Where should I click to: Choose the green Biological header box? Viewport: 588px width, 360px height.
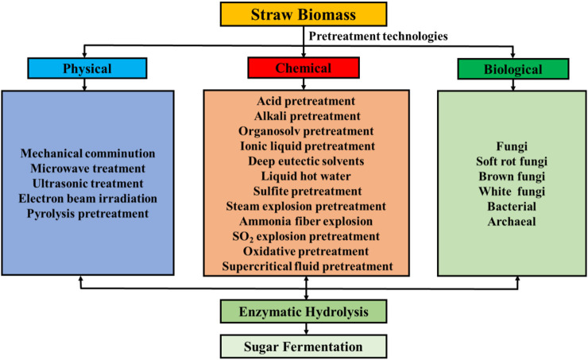coord(513,69)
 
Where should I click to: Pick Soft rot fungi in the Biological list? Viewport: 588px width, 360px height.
coord(512,162)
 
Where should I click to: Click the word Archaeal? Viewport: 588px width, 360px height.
coord(512,221)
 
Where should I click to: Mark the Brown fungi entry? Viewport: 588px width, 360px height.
coord(512,176)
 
